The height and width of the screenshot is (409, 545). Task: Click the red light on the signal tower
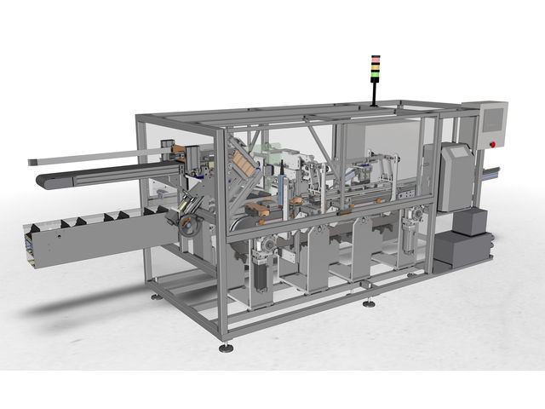tap(374, 58)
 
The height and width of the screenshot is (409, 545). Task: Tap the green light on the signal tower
tap(374, 68)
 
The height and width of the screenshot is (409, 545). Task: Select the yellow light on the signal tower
tap(374, 63)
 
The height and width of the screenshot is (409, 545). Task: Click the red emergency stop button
tap(492, 145)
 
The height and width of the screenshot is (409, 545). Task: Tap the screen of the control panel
tap(493, 120)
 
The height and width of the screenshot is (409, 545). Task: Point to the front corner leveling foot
tap(225, 348)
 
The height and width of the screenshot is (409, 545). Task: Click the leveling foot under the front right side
tap(368, 303)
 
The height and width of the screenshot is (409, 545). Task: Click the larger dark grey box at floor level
tap(459, 251)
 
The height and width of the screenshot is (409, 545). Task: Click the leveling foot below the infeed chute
tap(154, 297)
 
